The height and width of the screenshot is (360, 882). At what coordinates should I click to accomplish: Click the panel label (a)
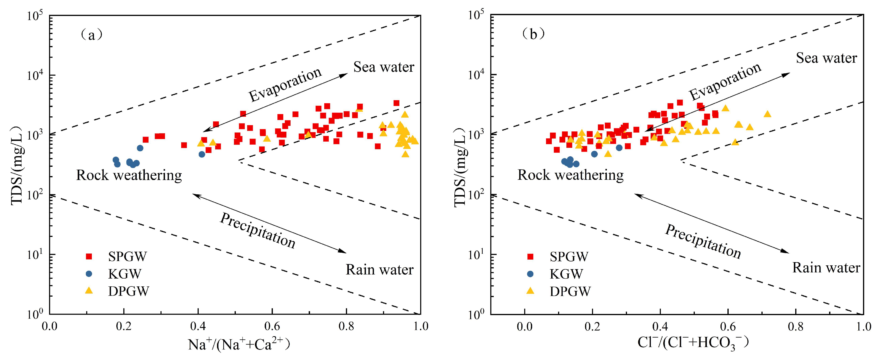point(91,35)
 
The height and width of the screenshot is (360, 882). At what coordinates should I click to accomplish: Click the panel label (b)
point(533,34)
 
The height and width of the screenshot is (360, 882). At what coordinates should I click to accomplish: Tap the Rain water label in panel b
point(826,267)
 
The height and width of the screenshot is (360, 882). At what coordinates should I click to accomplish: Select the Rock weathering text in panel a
point(129,175)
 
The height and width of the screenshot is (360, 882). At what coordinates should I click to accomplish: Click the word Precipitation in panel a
point(258,230)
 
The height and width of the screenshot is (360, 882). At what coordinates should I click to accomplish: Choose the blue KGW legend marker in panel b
point(530,274)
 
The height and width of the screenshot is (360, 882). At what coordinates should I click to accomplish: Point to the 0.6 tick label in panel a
point(272,326)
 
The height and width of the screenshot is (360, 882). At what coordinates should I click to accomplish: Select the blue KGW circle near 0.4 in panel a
point(202,154)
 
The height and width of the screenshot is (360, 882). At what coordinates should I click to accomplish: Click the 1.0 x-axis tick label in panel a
point(420,326)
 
